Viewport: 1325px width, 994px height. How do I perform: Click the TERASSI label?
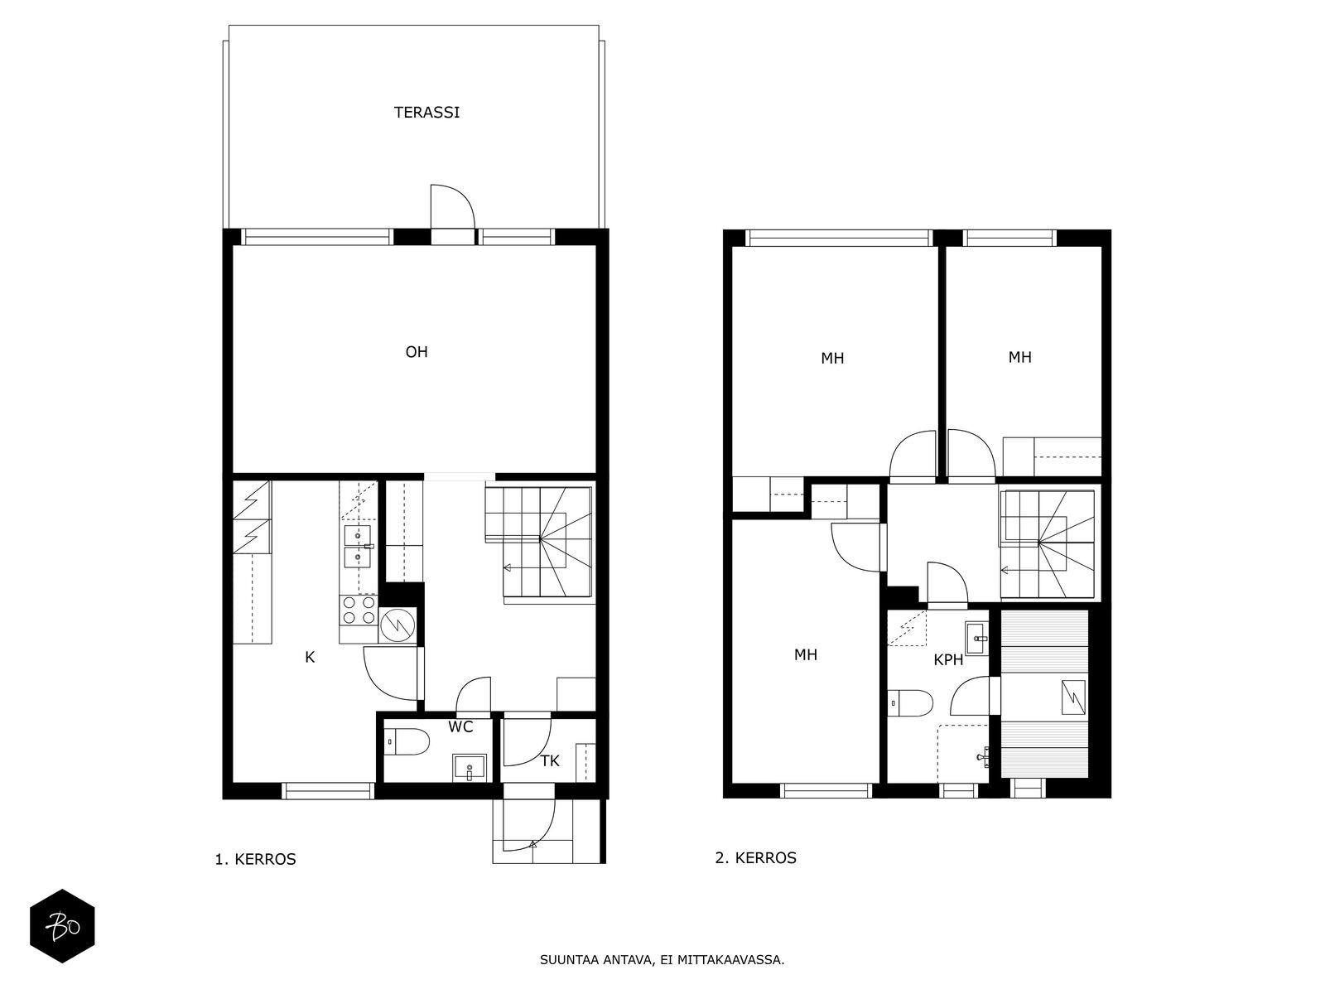426,113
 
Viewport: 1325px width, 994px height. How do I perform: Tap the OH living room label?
417,352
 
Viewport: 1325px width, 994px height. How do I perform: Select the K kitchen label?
310,658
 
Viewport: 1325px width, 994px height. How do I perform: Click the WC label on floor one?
460,727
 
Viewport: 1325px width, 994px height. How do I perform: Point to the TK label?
550,761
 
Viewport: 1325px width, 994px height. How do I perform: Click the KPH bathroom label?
948,660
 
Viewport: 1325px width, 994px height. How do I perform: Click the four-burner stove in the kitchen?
359,610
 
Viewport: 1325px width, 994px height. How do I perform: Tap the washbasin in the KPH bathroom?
978,638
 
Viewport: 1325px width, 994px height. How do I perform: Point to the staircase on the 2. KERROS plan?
1048,544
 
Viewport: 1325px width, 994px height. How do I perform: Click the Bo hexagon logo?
62,926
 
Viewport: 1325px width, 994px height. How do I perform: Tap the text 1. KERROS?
255,860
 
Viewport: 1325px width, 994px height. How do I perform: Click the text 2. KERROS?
755,858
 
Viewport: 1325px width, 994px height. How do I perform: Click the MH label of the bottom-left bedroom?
805,655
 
